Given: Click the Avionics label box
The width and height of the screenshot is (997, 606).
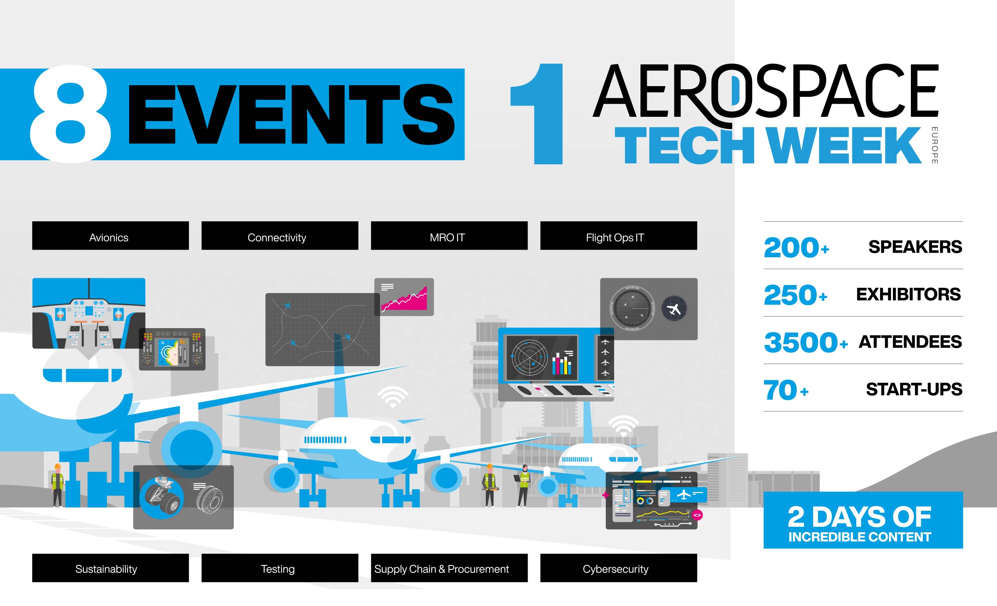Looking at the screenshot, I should (110, 236).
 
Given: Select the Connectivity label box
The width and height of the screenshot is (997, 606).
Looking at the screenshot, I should (280, 236).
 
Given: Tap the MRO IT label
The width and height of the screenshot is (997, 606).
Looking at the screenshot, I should (449, 236).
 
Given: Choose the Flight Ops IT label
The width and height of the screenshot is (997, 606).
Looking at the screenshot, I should (618, 236).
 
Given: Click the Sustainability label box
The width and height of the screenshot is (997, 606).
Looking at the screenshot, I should (110, 568).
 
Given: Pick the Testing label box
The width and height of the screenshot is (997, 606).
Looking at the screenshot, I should (280, 568).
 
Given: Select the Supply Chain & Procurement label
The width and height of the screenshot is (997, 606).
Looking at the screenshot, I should (449, 568).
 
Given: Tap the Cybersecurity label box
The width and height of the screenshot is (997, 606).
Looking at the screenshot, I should (618, 568).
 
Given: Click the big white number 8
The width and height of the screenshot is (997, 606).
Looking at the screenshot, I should (71, 114).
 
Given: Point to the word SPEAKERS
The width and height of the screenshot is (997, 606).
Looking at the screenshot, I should (915, 246).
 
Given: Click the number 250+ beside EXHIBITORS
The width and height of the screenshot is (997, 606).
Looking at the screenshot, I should (795, 295).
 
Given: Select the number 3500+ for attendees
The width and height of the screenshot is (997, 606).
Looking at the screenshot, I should (805, 342).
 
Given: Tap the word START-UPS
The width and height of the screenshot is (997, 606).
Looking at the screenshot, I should (914, 389).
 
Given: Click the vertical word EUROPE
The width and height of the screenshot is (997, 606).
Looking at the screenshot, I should (934, 145).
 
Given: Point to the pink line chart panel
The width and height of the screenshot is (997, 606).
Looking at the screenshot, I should (404, 297).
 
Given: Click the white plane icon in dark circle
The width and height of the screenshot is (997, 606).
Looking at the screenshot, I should (674, 309).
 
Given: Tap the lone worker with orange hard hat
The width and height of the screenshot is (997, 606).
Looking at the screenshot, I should (57, 485).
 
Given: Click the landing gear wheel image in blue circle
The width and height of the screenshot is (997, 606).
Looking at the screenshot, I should (162, 497).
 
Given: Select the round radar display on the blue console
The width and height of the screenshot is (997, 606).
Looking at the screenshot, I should (529, 358).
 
